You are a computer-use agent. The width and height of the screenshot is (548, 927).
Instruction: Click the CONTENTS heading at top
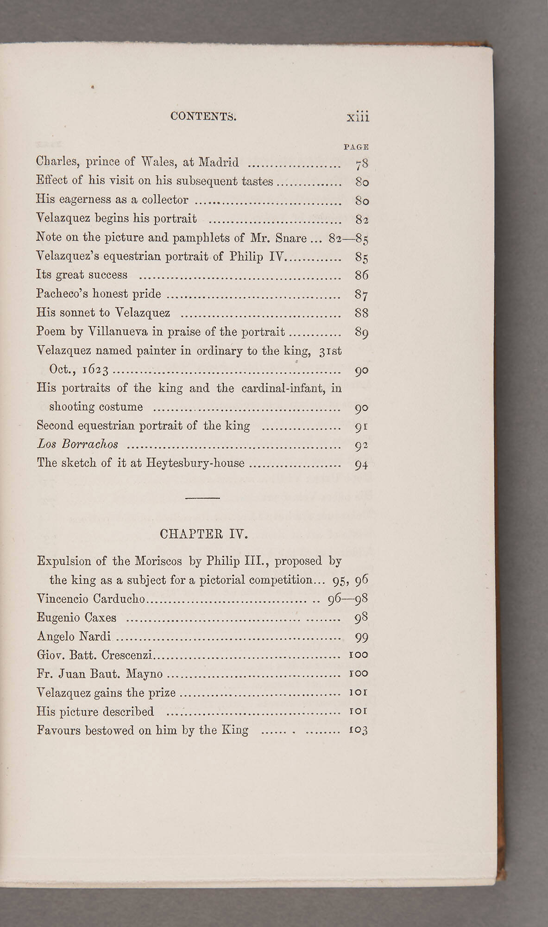203,116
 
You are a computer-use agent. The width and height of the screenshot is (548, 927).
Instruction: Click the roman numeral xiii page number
358,117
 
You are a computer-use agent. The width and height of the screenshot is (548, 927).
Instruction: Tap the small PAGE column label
356,147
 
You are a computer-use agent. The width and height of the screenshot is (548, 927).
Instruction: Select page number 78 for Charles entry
361,163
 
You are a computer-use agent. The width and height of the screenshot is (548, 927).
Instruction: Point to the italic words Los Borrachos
77,444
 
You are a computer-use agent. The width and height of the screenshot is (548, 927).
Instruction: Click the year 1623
95,370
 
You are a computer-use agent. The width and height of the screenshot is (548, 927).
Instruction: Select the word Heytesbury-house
195,463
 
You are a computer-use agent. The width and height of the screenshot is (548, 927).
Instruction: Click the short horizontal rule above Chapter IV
202,498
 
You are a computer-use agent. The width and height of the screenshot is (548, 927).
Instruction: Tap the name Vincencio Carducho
91,599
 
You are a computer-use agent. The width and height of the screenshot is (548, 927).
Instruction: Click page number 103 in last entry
358,730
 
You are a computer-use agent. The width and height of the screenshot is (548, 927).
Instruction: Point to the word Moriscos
158,561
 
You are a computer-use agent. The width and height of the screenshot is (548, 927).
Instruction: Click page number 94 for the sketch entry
361,464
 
